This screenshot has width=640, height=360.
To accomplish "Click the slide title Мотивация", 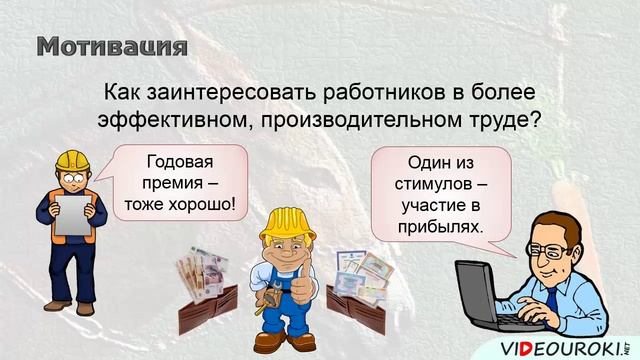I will pos(112,46).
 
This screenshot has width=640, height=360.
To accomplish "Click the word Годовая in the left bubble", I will pos(181,161).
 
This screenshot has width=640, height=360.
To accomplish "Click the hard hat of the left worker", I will pos(72,161).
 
